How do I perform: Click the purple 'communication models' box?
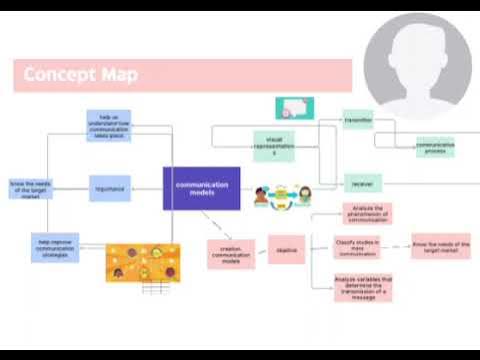(201, 188)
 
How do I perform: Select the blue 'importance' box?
(109, 188)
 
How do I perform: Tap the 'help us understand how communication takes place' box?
(108, 125)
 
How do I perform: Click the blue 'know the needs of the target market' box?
(29, 188)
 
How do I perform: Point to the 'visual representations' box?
(274, 145)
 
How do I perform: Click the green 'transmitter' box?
(358, 119)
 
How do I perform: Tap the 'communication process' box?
(435, 147)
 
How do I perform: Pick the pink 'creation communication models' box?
(230, 255)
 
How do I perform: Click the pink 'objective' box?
(285, 250)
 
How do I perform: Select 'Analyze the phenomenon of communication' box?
(366, 212)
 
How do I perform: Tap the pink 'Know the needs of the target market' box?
(440, 246)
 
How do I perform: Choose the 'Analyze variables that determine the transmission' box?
(364, 287)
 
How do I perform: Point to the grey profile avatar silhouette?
(417, 68)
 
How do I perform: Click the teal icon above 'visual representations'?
(294, 108)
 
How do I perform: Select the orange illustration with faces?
(143, 261)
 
